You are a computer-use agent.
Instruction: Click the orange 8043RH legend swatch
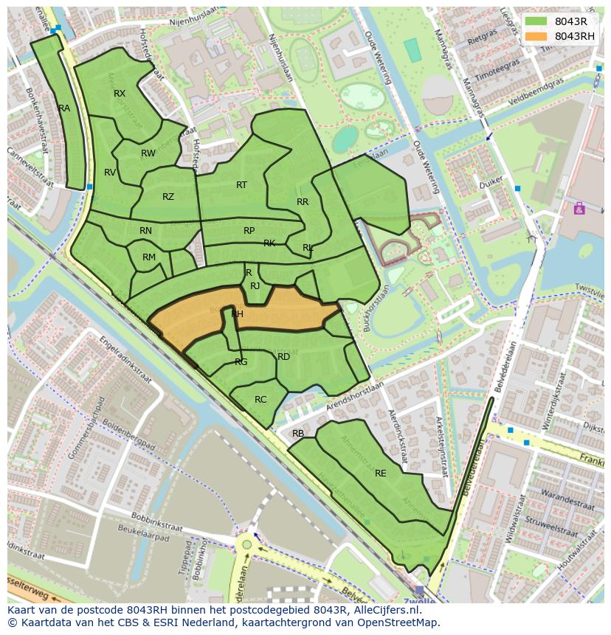[537, 36]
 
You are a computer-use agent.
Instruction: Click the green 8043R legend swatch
[537, 21]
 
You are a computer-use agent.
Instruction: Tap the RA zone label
[64, 108]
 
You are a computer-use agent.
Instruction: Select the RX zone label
[120, 94]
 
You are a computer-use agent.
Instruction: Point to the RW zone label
[148, 153]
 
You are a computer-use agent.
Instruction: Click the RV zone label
[110, 173]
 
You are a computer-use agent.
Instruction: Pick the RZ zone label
[168, 197]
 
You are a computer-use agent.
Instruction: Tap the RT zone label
[241, 185]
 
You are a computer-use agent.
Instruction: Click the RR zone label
[303, 202]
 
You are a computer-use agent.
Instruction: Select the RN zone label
[145, 231]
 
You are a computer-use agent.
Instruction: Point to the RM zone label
[149, 257]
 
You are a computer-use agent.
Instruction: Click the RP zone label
[249, 231]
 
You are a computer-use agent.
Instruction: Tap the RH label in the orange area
[237, 314]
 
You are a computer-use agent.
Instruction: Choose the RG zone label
[241, 362]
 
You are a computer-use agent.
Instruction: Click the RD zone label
[283, 357]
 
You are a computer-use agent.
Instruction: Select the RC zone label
[260, 400]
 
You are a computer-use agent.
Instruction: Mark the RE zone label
[381, 473]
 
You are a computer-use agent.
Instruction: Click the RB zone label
[298, 434]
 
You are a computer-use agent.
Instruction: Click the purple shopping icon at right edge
[579, 209]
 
